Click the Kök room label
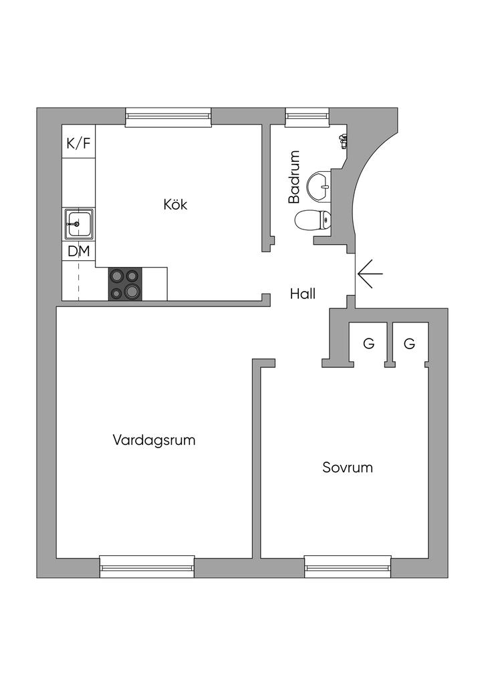175,204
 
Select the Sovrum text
347,467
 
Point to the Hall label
303,293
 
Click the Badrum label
294,177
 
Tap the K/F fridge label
78,142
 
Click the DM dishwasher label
78,252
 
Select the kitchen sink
79,223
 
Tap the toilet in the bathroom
313,219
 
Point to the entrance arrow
370,274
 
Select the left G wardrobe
368,344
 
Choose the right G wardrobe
409,344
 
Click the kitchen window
168,117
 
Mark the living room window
147,567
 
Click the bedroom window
348,567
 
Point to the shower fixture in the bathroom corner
344,140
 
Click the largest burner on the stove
132,290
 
